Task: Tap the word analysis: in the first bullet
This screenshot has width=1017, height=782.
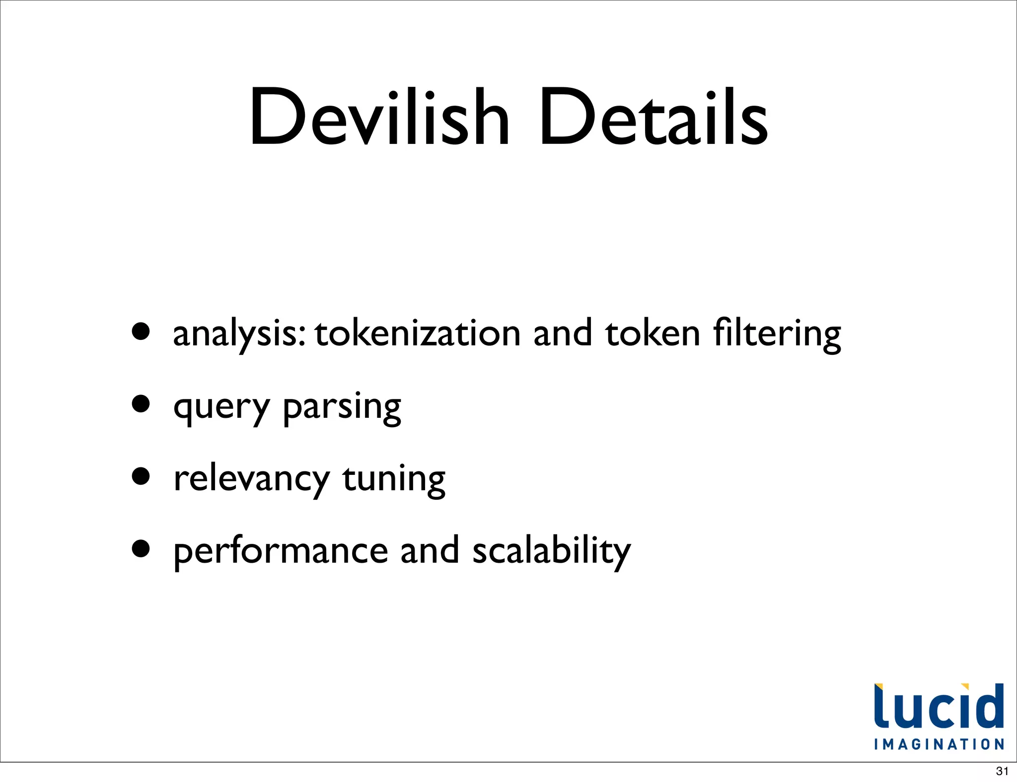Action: tap(239, 333)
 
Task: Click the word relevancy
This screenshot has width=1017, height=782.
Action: tap(251, 479)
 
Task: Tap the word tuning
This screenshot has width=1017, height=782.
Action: tap(394, 479)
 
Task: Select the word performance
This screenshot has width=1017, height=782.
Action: tap(281, 552)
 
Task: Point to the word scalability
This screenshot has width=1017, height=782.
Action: tap(551, 552)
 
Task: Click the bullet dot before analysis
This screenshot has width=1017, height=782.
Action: tap(141, 331)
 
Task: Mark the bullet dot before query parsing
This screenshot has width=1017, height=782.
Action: tap(141, 404)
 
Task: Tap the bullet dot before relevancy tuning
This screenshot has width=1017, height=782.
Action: tap(141, 476)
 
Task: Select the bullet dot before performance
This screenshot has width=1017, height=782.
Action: tap(141, 549)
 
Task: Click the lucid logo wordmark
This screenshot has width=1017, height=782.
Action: tap(939, 707)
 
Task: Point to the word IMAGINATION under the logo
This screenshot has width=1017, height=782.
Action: tap(939, 744)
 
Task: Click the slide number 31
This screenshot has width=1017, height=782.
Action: tap(1002, 771)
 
